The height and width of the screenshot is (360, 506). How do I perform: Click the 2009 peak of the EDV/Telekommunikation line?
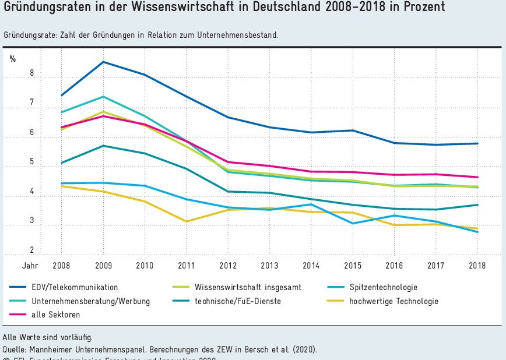(x=103, y=62)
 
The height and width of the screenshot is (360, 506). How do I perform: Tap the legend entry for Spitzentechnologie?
(x=383, y=287)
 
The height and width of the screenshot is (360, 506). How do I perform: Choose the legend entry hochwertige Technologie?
(x=393, y=301)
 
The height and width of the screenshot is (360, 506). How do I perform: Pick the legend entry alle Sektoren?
(x=56, y=315)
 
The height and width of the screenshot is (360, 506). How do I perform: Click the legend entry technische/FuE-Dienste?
(x=237, y=301)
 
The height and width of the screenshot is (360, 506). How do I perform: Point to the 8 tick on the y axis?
(x=16, y=73)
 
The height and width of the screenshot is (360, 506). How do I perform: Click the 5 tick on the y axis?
(x=16, y=162)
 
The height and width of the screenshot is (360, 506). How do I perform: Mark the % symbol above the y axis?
(x=13, y=58)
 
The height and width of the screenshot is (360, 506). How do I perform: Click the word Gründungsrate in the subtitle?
(x=27, y=35)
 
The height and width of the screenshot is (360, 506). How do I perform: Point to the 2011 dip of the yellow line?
(x=186, y=221)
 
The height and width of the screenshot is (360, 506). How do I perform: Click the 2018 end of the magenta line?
(x=477, y=177)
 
